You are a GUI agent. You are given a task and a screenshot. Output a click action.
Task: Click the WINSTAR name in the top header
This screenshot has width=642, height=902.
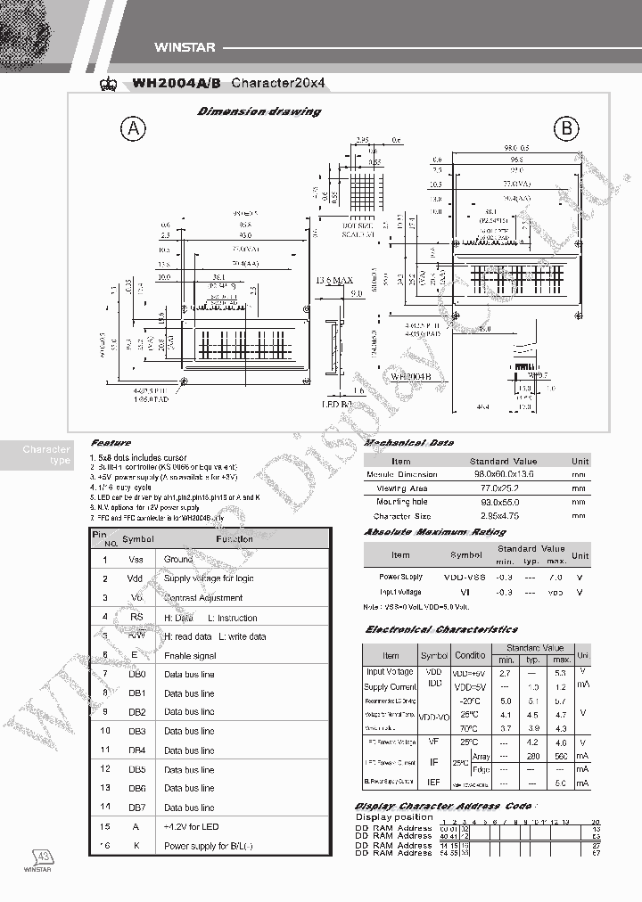click(x=181, y=48)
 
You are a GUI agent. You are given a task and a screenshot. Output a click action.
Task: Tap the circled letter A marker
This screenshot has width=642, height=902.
click(x=134, y=130)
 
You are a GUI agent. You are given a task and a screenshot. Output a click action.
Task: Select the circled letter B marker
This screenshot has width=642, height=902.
click(x=566, y=130)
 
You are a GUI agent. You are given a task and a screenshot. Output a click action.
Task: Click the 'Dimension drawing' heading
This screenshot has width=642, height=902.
click(x=259, y=111)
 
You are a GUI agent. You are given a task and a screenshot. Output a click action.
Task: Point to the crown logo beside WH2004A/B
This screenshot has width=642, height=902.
click(x=111, y=84)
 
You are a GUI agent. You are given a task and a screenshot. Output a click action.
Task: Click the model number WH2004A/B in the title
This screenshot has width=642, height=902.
click(x=177, y=84)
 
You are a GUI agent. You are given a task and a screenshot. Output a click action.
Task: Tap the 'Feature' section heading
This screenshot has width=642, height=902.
click(x=111, y=443)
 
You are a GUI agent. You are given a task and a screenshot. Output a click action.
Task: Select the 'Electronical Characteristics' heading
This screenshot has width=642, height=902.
click(x=441, y=630)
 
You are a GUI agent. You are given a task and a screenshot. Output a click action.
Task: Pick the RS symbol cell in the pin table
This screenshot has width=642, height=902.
click(x=136, y=617)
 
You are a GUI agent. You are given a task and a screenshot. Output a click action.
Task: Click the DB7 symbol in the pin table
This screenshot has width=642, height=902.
click(x=136, y=808)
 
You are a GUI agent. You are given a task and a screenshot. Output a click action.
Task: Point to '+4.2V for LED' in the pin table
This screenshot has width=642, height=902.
click(x=194, y=826)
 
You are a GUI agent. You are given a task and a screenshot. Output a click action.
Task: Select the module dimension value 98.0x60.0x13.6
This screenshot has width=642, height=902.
click(x=502, y=474)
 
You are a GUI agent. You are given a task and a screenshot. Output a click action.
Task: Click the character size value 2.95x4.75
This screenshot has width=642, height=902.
click(x=502, y=516)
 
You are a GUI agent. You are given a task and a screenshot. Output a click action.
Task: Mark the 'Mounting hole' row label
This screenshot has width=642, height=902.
click(x=401, y=502)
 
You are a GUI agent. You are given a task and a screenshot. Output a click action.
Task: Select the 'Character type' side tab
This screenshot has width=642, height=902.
click(x=46, y=455)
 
